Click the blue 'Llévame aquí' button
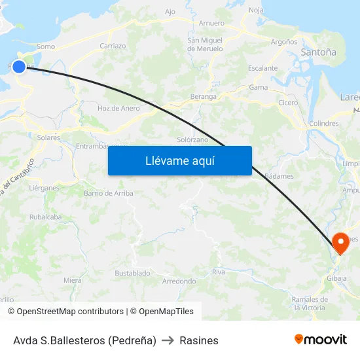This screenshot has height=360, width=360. [x=179, y=161]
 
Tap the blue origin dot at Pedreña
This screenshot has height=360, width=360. [x=19, y=66]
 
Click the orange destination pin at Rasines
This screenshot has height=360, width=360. [x=340, y=243]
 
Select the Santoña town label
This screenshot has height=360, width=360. [x=318, y=52]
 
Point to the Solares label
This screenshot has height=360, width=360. [x=48, y=137]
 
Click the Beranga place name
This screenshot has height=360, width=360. [x=203, y=96]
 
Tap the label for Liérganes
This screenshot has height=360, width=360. [x=44, y=187]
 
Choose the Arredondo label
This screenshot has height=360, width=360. [x=179, y=281]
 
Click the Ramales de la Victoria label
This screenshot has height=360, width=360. [x=309, y=304]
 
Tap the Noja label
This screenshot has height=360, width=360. [x=256, y=10]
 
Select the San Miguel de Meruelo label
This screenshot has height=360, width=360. [x=205, y=45]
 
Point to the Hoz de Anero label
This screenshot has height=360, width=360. [x=118, y=108]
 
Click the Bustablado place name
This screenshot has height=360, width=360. [x=132, y=272]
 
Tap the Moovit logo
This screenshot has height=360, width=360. [x=321, y=339]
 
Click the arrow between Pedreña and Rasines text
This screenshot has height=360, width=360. [x=168, y=340]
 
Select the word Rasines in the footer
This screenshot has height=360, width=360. [x=199, y=340]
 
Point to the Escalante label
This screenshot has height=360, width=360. [x=262, y=68]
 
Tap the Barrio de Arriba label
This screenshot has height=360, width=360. [x=109, y=193]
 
